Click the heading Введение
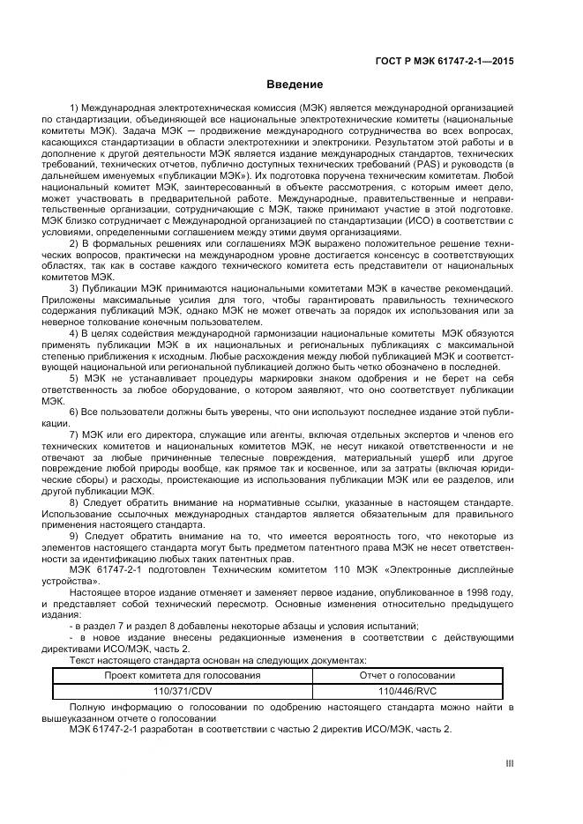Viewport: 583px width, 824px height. point(291,85)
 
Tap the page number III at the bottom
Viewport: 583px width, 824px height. point(509,765)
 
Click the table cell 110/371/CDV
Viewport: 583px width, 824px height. point(183,691)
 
